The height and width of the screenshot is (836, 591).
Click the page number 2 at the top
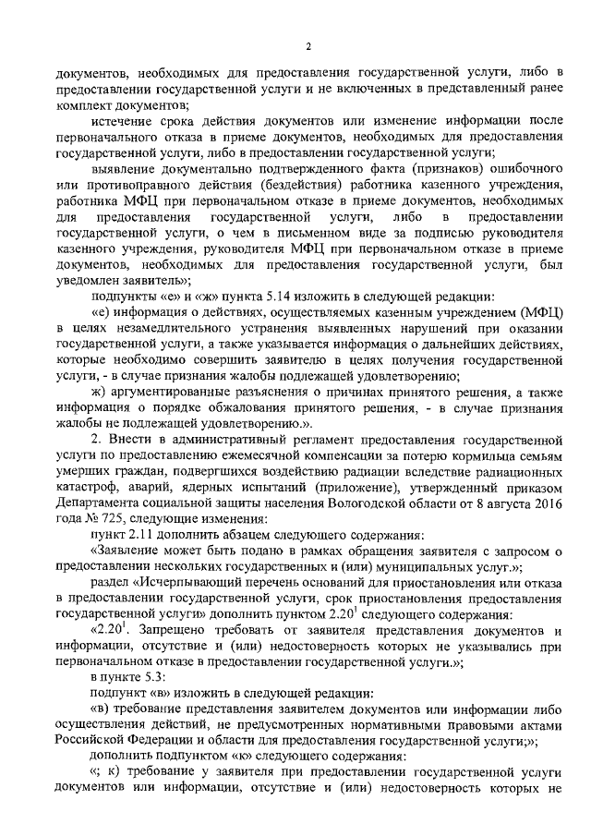coord(308,47)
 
